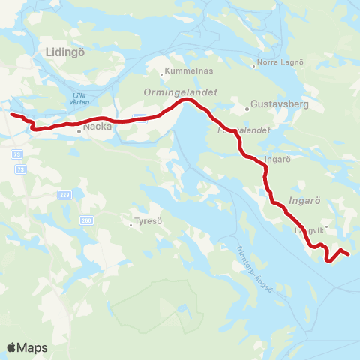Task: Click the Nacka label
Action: click(x=97, y=128)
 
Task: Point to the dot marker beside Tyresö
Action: click(x=130, y=222)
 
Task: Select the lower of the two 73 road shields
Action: click(x=20, y=170)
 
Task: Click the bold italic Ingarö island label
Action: click(x=304, y=201)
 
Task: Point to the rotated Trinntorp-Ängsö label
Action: click(x=252, y=264)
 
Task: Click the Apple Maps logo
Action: click(x=28, y=347)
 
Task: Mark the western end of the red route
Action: click(x=10, y=114)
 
